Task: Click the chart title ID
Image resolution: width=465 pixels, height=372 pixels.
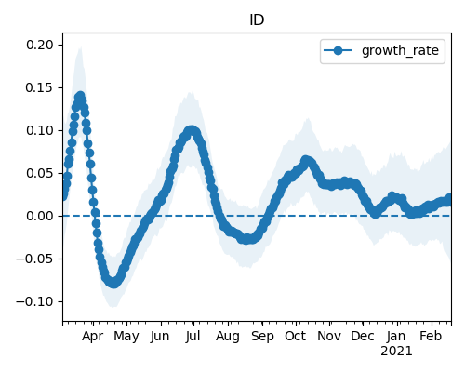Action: pos(257,20)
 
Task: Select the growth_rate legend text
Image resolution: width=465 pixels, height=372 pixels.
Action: pos(400,50)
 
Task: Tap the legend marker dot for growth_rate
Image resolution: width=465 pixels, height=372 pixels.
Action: pos(338,50)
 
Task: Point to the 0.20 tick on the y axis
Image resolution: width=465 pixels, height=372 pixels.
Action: pos(40,45)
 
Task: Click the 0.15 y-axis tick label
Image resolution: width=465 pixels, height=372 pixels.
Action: pos(40,87)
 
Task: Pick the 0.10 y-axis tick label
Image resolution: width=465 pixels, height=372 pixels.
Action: pos(40,130)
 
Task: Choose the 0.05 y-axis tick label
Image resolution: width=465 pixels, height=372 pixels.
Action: pos(40,173)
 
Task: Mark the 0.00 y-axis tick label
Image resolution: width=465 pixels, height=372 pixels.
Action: pos(40,216)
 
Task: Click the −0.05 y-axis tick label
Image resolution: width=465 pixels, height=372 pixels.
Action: pos(35,259)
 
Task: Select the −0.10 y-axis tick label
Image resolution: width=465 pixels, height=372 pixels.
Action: pos(35,301)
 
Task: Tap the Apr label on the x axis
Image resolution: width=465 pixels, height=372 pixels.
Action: pos(92,337)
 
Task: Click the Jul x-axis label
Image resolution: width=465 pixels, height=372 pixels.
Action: pos(193,336)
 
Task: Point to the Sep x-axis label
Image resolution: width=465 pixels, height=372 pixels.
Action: pos(262,337)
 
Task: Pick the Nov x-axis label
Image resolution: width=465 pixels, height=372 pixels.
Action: pos(329,336)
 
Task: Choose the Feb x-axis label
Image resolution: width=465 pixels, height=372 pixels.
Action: pos(431,336)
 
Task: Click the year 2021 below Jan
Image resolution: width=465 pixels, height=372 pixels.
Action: pos(396,352)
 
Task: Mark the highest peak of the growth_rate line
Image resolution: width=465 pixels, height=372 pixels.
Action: pos(80,97)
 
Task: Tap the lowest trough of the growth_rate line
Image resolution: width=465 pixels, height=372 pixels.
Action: pos(113,283)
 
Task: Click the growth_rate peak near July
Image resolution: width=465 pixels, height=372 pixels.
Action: pos(192,130)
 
